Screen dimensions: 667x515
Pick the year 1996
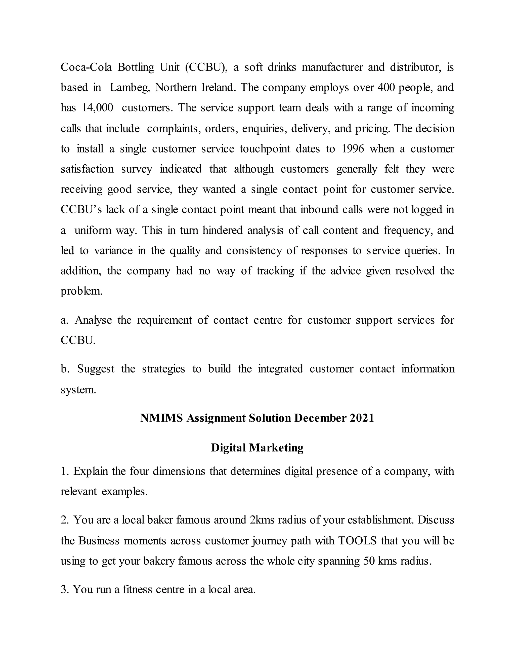tap(353, 149)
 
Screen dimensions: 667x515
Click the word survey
tap(136, 169)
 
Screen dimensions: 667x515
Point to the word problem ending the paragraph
tap(81, 291)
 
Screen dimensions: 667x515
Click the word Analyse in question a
tap(93, 320)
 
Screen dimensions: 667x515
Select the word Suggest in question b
tap(96, 369)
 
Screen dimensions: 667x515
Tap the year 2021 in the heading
tap(362, 418)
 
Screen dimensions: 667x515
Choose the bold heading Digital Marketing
tap(257, 448)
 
